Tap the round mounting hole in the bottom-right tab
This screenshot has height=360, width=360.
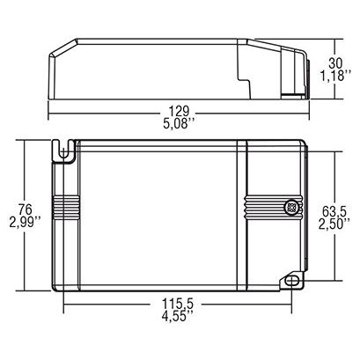pyautogui.click(x=289, y=283)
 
